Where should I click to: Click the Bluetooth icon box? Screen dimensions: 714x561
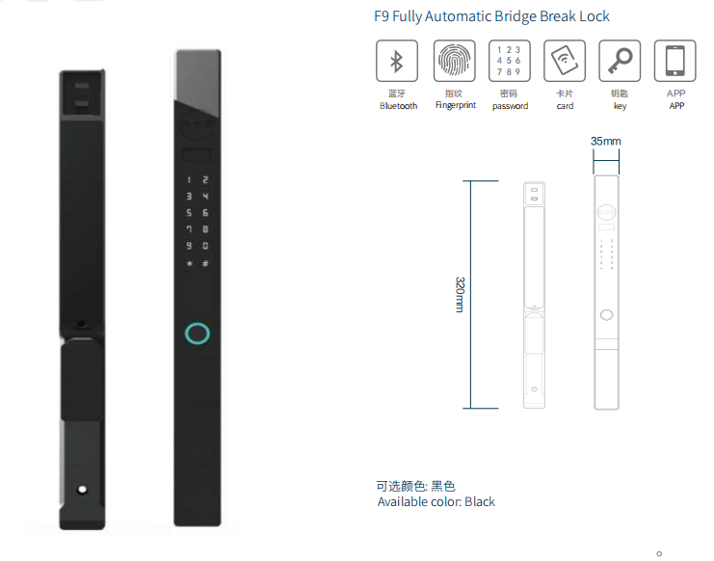click(x=397, y=61)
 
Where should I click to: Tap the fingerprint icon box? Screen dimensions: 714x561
click(x=455, y=61)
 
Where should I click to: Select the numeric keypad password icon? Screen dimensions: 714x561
click(x=509, y=61)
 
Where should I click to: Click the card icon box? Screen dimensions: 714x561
click(x=565, y=61)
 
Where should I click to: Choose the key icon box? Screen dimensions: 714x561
click(x=620, y=61)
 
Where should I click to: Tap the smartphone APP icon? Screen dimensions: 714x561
click(x=674, y=61)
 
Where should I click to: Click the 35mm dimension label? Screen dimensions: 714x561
click(x=606, y=141)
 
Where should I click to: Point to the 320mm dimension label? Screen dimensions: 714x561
click(x=460, y=294)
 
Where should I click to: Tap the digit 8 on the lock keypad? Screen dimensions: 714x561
click(x=205, y=229)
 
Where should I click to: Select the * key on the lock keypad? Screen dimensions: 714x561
click(x=190, y=263)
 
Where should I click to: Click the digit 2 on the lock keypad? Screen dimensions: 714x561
click(x=205, y=180)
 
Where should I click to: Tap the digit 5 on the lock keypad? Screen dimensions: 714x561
click(x=189, y=213)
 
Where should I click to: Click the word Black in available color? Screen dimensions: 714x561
click(x=480, y=502)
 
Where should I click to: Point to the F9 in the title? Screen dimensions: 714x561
click(x=382, y=16)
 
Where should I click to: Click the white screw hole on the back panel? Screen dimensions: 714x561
click(x=83, y=490)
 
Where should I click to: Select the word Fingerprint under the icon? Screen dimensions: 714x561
click(x=456, y=105)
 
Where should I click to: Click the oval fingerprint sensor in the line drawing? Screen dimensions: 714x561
click(x=606, y=314)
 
